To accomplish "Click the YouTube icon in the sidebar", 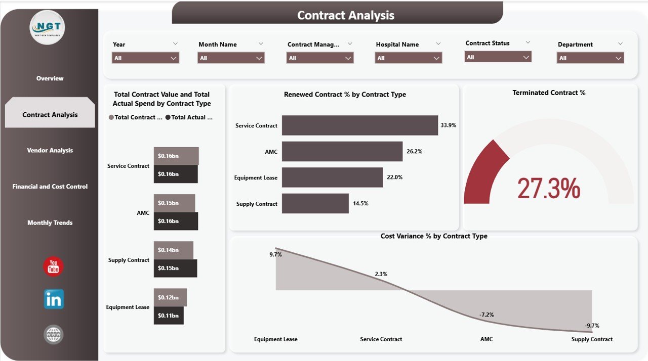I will [53, 266].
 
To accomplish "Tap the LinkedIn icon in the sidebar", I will [54, 299].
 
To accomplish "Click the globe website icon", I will [53, 334].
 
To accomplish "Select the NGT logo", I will [48, 27].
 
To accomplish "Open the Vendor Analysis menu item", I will [50, 150].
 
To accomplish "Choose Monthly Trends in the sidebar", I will [50, 222].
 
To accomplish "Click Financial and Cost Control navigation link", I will [50, 187].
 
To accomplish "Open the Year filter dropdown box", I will [145, 58].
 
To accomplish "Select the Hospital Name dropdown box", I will [409, 58].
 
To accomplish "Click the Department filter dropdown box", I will [590, 58].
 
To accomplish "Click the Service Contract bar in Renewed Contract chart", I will [359, 125].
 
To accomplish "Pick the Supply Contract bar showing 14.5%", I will [315, 203].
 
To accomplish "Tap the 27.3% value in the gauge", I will [548, 188].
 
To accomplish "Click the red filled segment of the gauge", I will [483, 172].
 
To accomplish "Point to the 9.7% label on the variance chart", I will [275, 255].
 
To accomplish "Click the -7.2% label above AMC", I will [487, 314].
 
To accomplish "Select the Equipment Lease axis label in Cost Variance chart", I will [275, 339].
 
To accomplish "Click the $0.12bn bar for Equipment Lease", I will [170, 297].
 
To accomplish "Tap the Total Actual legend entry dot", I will [168, 117].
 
